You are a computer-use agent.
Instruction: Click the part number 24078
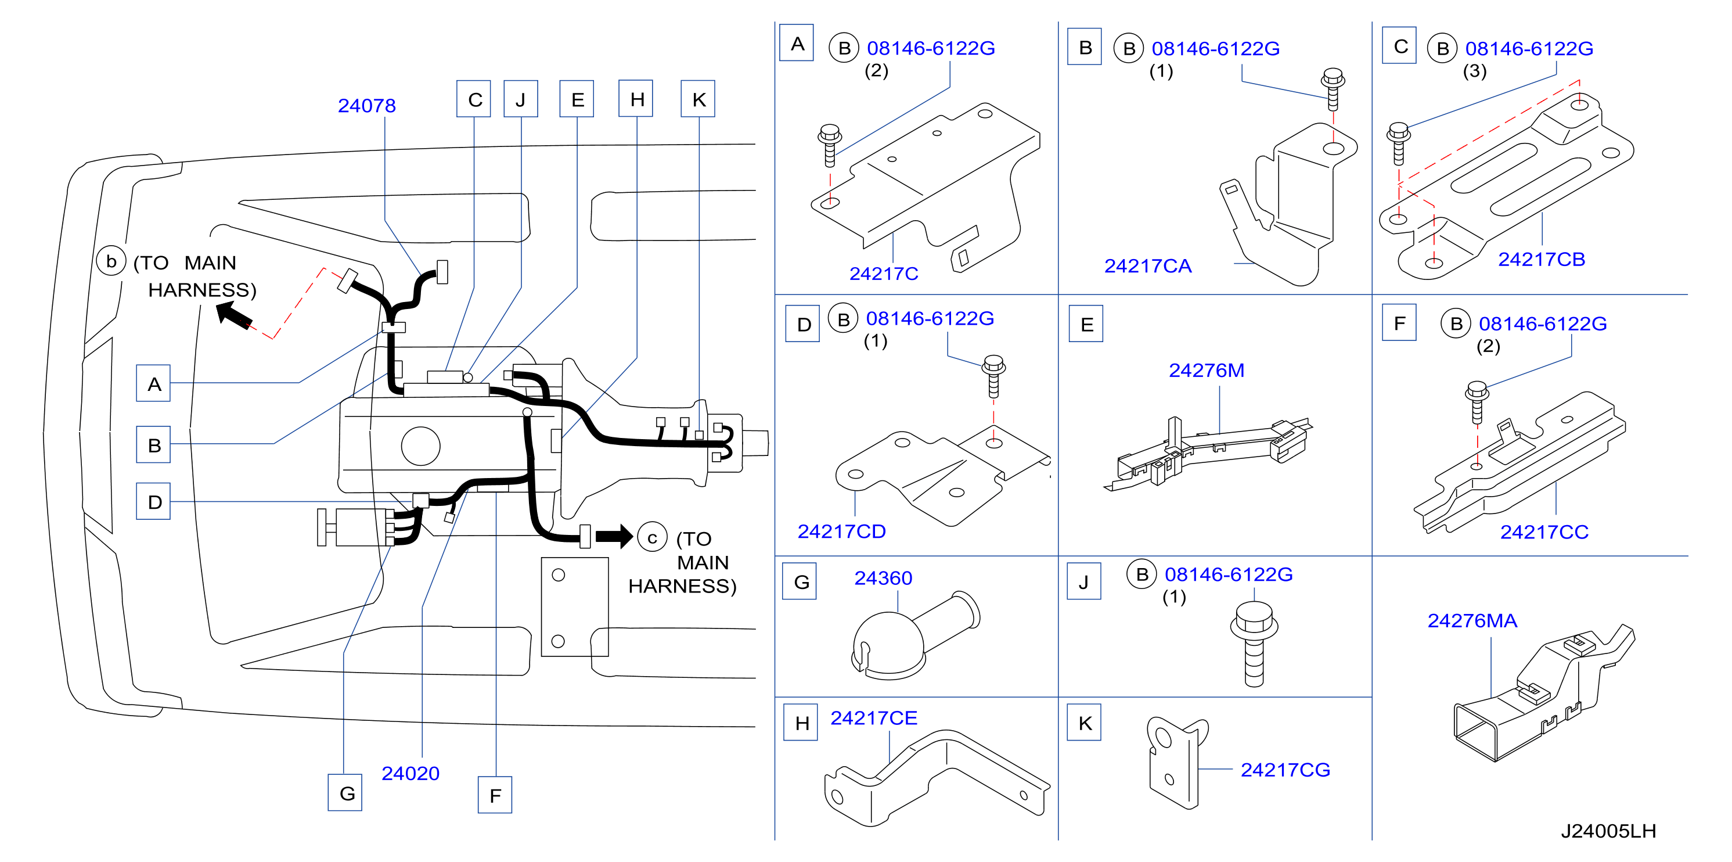[x=366, y=106]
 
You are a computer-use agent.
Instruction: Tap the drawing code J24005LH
[x=1608, y=831]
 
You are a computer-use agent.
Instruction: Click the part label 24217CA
[x=1148, y=266]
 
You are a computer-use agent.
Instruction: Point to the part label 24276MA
[x=1472, y=620]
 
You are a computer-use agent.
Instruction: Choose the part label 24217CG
[x=1285, y=770]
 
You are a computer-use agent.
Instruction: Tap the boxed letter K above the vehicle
[x=698, y=99]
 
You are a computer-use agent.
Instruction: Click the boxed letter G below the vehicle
[x=345, y=793]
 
